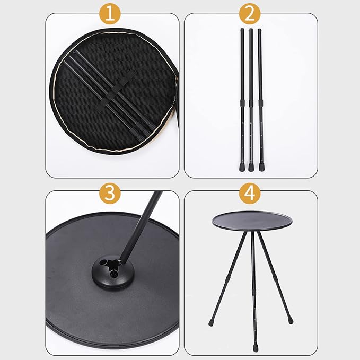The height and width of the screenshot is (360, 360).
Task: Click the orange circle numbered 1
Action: (110, 14)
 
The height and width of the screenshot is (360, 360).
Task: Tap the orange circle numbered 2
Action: (250, 14)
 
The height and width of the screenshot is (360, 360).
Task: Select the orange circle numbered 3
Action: (110, 194)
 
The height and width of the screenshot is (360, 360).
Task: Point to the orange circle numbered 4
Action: (250, 194)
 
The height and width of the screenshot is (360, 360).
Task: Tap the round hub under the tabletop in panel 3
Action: (112, 273)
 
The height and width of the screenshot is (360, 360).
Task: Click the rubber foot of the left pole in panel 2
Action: (242, 168)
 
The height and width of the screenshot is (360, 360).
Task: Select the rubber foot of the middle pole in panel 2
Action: (251, 168)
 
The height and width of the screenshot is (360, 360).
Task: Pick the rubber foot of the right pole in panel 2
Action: (261, 168)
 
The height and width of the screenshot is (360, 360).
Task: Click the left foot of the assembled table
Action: (211, 323)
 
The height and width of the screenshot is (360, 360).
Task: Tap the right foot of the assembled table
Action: (291, 321)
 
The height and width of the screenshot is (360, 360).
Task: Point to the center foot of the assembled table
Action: (256, 348)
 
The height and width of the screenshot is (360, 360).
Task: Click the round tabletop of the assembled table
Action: (252, 221)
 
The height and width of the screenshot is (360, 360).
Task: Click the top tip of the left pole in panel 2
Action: (242, 29)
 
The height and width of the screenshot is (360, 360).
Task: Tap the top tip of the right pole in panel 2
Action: (259, 29)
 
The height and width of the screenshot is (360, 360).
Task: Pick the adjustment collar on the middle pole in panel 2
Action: (251, 103)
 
